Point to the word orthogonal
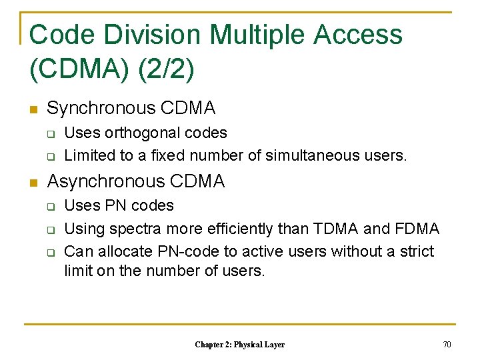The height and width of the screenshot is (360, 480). (144, 133)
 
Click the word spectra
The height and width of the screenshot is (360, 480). (141, 229)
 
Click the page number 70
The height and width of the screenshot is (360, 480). (447, 345)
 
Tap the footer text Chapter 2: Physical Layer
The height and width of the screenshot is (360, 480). (239, 345)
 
